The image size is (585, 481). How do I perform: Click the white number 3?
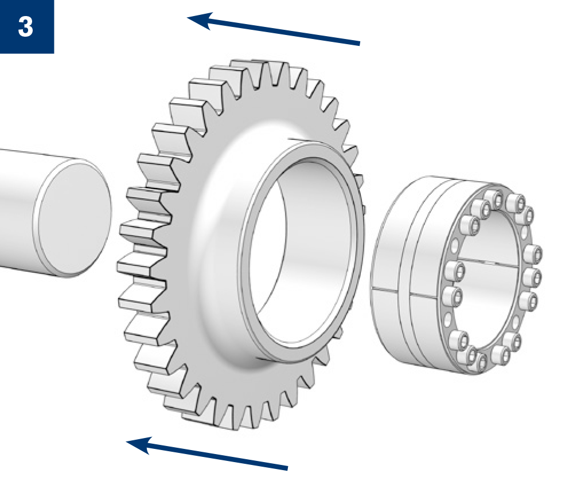click(x=25, y=27)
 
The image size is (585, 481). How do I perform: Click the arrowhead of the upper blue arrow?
click(x=200, y=21)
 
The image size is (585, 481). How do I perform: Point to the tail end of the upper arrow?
click(x=360, y=44)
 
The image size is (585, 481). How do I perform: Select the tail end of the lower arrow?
click(x=287, y=468)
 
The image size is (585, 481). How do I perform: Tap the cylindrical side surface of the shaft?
click(x=22, y=209)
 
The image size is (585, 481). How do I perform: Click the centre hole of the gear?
click(x=298, y=250)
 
